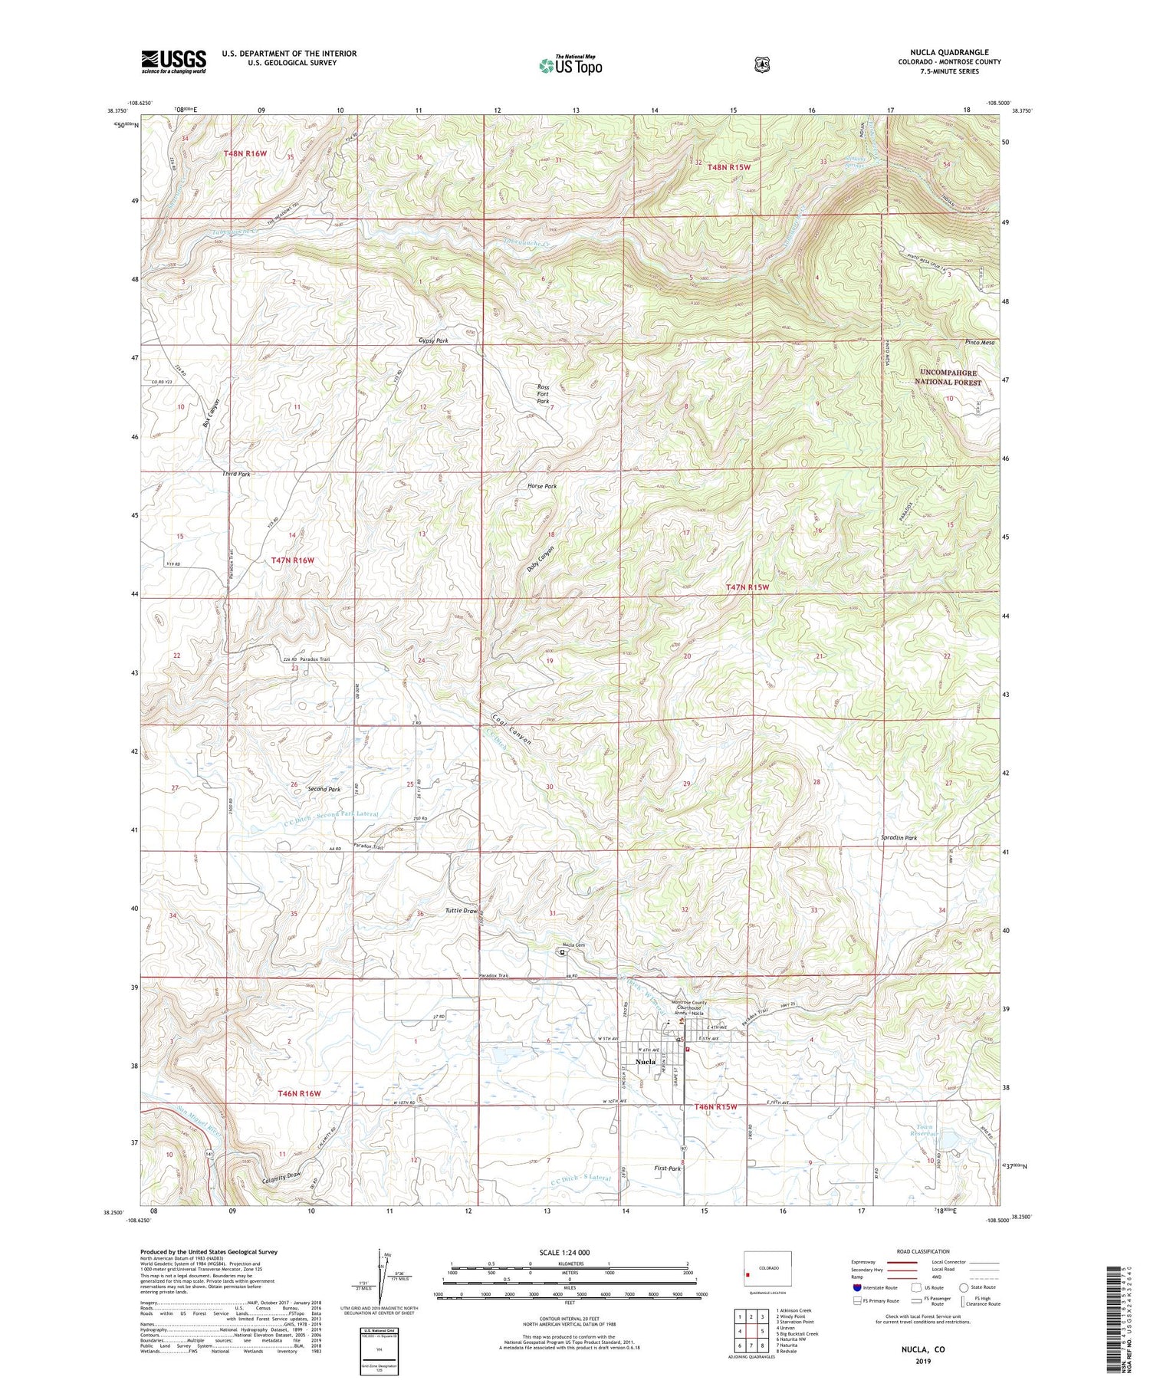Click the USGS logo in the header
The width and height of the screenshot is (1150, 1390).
point(173,61)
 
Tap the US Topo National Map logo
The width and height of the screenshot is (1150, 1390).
point(570,65)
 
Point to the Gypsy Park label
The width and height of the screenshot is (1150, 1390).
point(433,340)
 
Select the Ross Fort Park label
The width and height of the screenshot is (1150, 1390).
point(543,394)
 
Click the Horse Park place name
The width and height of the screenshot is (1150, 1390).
point(542,486)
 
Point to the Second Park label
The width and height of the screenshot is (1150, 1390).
point(324,789)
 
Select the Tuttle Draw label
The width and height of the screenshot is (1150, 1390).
point(462,911)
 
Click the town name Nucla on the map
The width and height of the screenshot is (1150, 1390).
point(646,1062)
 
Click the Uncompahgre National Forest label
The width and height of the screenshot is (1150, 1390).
point(950,377)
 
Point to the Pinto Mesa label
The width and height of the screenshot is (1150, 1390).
point(980,343)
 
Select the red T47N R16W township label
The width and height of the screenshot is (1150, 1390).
point(293,560)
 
